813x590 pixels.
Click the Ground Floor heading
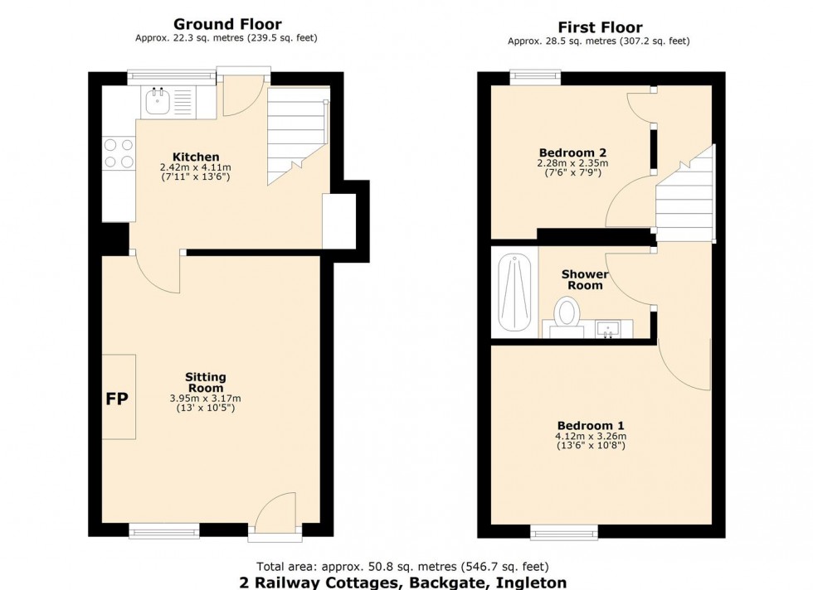pyautogui.click(x=226, y=25)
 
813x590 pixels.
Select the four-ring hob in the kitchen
pyautogui.click(x=118, y=154)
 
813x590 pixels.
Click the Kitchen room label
pyautogui.click(x=196, y=157)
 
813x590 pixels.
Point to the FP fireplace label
pyautogui.click(x=117, y=399)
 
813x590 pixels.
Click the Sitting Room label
pyautogui.click(x=205, y=383)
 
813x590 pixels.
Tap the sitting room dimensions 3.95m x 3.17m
pyautogui.click(x=205, y=399)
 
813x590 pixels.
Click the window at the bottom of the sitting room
pyautogui.click(x=164, y=530)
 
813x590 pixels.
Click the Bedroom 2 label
pyautogui.click(x=572, y=152)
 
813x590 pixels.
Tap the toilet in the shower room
pyautogui.click(x=567, y=316)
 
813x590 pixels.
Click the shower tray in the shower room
pyautogui.click(x=514, y=293)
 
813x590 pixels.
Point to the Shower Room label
pyautogui.click(x=585, y=279)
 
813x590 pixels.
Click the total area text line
pyautogui.click(x=403, y=567)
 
